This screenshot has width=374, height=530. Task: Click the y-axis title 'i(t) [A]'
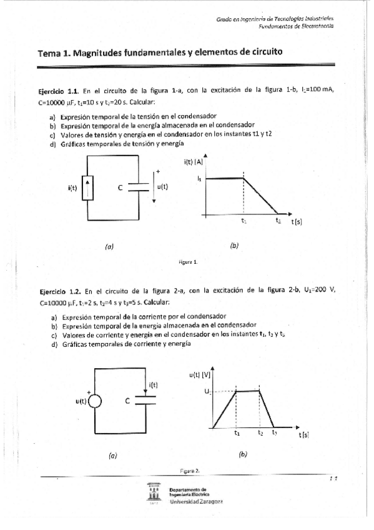(x=194, y=162)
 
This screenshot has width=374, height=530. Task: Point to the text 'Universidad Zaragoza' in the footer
(x=195, y=501)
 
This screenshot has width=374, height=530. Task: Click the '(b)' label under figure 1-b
(x=234, y=246)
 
